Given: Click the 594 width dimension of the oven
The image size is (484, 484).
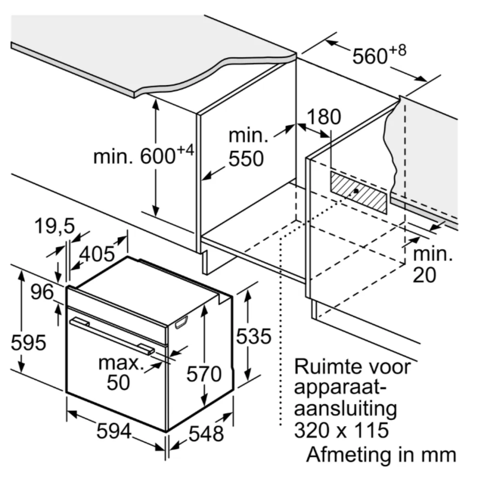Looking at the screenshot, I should click(x=114, y=432).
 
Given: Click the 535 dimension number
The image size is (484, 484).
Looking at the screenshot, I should click(x=253, y=337).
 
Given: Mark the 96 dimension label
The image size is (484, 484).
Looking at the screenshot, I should click(x=43, y=292).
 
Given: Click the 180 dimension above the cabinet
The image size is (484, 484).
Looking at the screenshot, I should click(x=324, y=117).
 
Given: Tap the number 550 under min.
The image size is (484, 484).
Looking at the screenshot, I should click(x=246, y=159).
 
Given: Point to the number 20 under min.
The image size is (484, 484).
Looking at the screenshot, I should click(x=424, y=275).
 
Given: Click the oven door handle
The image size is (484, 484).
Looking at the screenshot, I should click(x=111, y=335).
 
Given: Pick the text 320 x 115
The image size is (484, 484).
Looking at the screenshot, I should click(x=341, y=430).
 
